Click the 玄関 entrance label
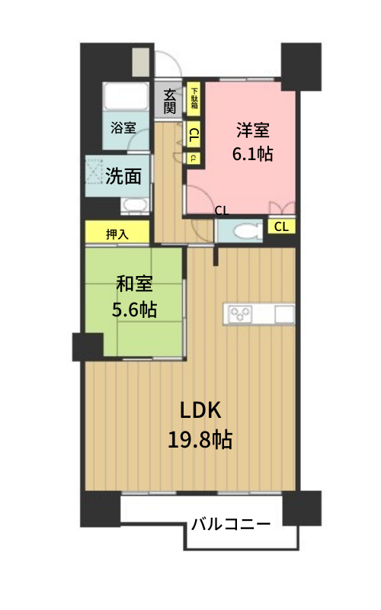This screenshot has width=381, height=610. coord(168,101)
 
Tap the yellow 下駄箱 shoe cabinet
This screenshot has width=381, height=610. coord(194,99)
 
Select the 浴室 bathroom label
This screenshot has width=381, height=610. coord(123,127)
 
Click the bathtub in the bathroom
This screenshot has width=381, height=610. coord(125,96)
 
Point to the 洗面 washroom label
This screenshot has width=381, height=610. coord(123,176)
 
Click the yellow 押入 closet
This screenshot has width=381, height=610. coord(117,232)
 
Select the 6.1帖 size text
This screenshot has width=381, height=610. coord(252,154)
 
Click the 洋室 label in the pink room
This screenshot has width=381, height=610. coord(253,130)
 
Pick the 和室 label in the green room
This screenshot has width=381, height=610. coord(135,284)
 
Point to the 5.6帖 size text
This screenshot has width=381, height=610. coord(135,310)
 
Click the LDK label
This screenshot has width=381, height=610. coord(200,410)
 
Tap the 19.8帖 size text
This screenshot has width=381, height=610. coord(200,440)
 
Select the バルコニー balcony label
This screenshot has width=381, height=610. coord(231,524)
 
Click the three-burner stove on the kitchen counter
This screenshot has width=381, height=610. coord(240,313)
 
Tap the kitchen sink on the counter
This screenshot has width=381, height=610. coord(284,314)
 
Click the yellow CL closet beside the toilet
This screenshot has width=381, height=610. coord(281,226)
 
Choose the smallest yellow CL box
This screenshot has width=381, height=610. coord(194,158)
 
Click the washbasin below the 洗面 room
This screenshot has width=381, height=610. coord(135,205)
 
